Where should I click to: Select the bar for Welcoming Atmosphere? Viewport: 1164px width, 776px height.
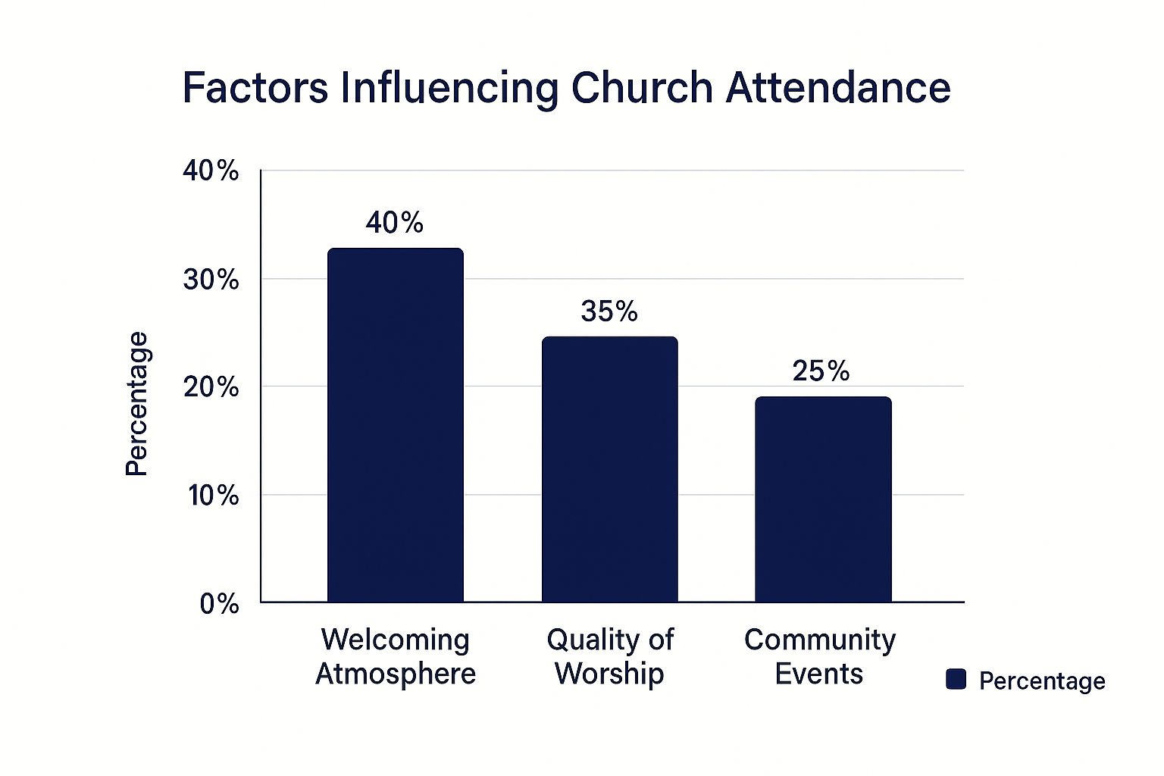pyautogui.click(x=395, y=424)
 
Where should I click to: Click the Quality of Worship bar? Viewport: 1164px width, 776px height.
pyautogui.click(x=609, y=470)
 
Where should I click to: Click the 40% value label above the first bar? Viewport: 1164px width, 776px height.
pyautogui.click(x=394, y=223)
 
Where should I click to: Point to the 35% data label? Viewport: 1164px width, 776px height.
pyautogui.click(x=609, y=311)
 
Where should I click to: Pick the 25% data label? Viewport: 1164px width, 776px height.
pyautogui.click(x=821, y=371)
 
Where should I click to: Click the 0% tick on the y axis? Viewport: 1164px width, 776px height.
pyautogui.click(x=219, y=604)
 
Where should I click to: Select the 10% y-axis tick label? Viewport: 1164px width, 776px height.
pyautogui.click(x=213, y=496)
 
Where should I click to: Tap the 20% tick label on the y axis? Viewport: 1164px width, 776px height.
pyautogui.click(x=211, y=387)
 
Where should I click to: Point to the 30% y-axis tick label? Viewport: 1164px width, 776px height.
pyautogui.click(x=211, y=280)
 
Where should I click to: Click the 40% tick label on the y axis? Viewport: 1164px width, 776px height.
pyautogui.click(x=211, y=171)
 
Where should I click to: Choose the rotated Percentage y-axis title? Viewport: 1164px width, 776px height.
pyautogui.click(x=137, y=404)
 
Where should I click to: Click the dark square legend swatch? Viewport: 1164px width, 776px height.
pyautogui.click(x=956, y=680)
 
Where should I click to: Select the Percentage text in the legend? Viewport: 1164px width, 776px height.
pyautogui.click(x=1041, y=681)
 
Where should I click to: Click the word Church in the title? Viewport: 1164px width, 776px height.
pyautogui.click(x=641, y=88)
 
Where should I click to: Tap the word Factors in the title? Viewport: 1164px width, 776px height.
pyautogui.click(x=255, y=88)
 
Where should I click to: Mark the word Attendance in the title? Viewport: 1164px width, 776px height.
pyautogui.click(x=838, y=88)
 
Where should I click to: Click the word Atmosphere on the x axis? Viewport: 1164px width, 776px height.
pyautogui.click(x=396, y=673)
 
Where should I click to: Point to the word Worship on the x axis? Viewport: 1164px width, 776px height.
pyautogui.click(x=609, y=673)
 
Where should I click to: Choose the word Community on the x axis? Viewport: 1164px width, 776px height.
pyautogui.click(x=819, y=640)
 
